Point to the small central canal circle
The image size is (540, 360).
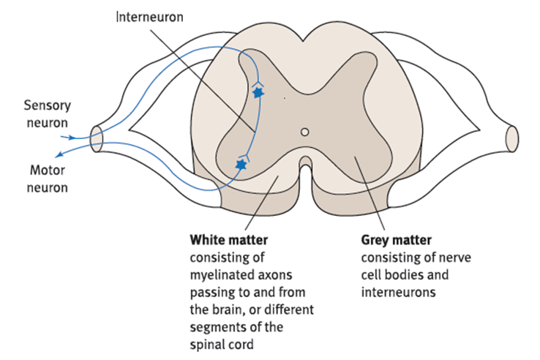click(305, 133)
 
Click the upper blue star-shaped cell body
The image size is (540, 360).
click(257, 93)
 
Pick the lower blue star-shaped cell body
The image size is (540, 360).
click(240, 165)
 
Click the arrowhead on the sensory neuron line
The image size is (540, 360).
click(71, 137)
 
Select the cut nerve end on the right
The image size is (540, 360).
click(511, 138)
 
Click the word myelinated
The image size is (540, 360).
click(220, 274)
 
